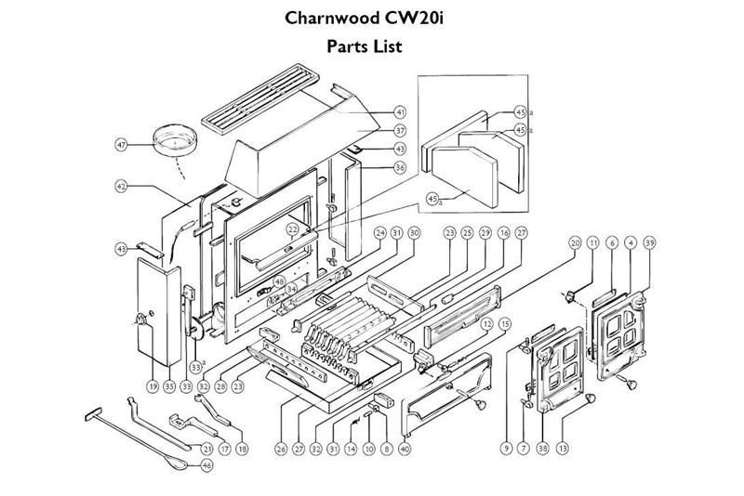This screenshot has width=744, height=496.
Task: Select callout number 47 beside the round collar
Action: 121,146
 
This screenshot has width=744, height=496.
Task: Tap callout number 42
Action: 121,187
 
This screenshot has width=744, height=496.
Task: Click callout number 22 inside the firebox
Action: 293,228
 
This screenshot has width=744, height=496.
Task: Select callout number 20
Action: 575,242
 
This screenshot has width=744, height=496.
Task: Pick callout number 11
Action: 593,242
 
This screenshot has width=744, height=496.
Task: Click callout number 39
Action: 649,242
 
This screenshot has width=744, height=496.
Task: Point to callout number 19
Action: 152,385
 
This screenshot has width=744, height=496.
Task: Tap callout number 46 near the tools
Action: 206,464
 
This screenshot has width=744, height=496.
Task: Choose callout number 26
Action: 280,449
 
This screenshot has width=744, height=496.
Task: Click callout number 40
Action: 404,449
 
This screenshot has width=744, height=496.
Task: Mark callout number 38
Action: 542,449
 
